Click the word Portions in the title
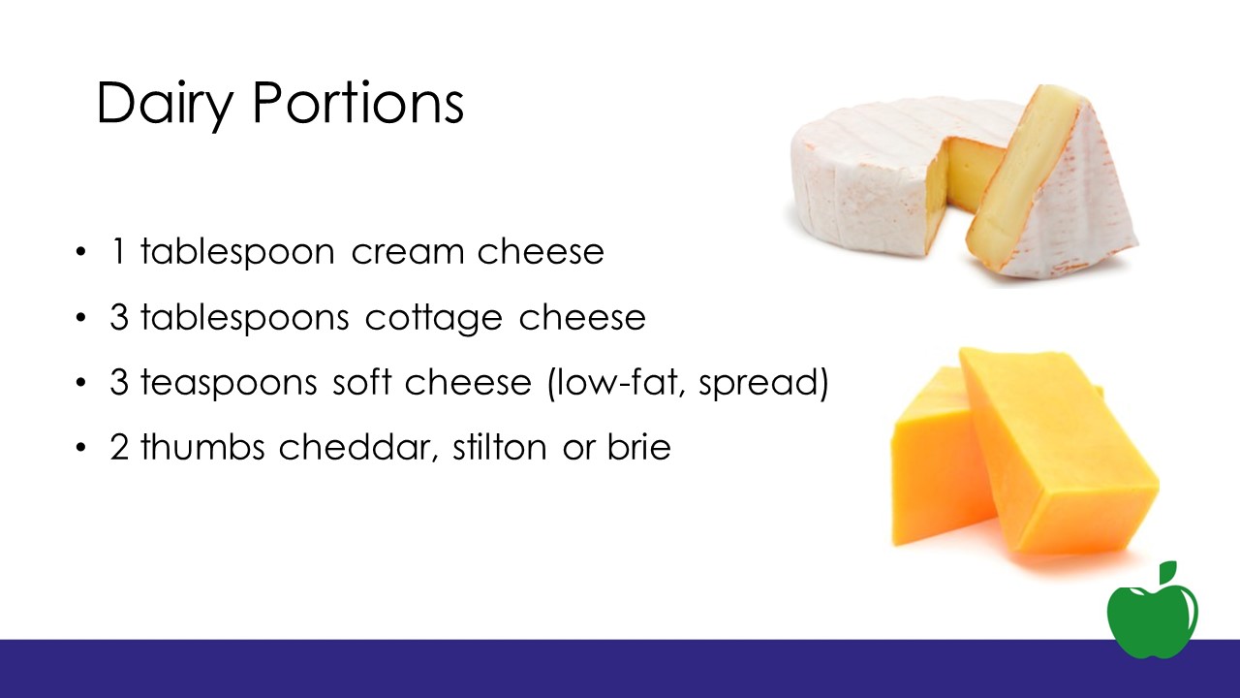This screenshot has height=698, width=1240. tap(358, 103)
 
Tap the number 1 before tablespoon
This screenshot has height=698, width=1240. tap(118, 251)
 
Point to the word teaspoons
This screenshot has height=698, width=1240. tap(229, 383)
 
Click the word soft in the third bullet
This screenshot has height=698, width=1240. tap(362, 381)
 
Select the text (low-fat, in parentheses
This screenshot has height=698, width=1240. tap(615, 382)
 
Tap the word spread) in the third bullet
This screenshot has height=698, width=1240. tap(763, 382)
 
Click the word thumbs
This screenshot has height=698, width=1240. tap(202, 446)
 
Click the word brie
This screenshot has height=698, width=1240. tap(639, 446)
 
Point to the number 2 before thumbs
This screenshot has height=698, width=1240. tap(119, 447)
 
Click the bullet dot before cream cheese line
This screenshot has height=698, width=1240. tap(80, 252)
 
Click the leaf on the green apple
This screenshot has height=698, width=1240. tap(1167, 571)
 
